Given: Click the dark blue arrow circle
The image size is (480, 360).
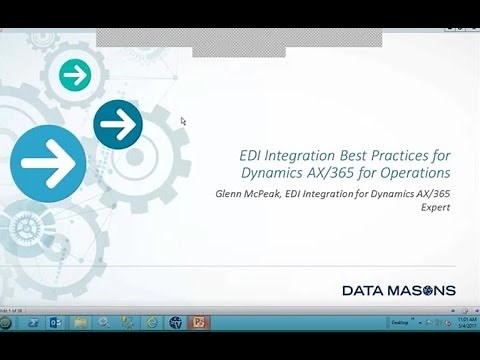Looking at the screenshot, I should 118,124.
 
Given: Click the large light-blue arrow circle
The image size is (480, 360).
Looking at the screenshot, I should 47,158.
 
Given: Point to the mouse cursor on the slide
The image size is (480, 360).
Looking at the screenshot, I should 183,121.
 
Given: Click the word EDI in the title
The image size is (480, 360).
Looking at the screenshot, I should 253,154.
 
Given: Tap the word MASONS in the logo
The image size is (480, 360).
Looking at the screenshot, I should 421,291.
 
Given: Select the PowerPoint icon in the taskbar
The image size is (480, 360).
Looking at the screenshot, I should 200,323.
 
